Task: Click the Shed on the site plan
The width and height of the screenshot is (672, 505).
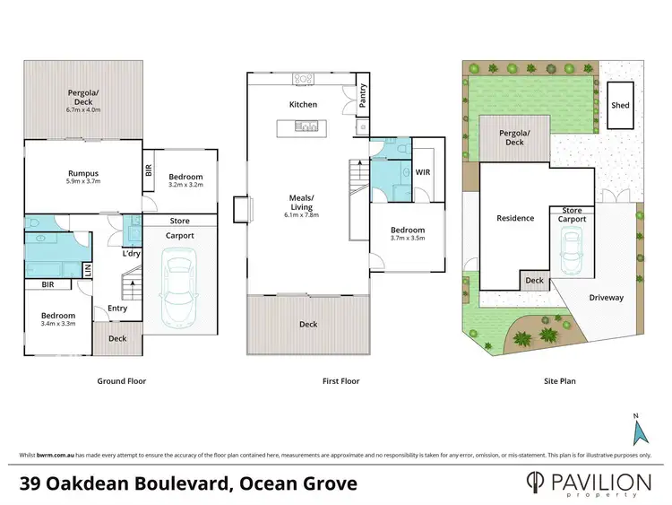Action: (x=620, y=105)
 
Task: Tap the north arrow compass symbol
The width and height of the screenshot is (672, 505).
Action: (x=639, y=431)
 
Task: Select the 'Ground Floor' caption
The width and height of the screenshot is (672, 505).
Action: (x=121, y=381)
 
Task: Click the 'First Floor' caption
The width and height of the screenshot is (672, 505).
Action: (x=340, y=381)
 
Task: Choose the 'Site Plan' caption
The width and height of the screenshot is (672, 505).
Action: (x=560, y=381)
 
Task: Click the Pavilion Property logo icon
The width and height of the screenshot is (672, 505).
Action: (x=536, y=483)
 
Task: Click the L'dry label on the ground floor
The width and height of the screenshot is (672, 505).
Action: (x=133, y=254)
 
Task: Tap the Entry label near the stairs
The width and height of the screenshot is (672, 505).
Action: (x=117, y=309)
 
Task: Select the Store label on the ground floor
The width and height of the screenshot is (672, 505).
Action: (x=179, y=221)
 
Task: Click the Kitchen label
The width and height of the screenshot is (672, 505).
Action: (x=303, y=105)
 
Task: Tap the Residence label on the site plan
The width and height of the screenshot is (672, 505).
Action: (x=515, y=218)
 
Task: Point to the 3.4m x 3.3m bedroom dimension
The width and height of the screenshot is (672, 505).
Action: (x=56, y=324)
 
